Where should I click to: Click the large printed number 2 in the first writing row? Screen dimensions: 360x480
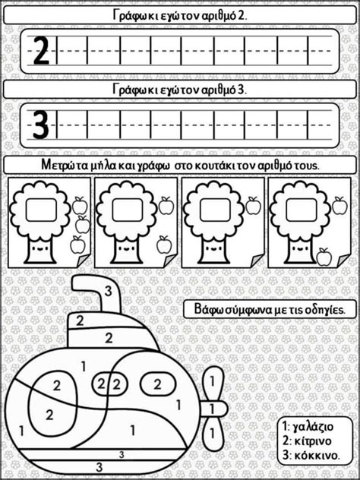click(x=41, y=51)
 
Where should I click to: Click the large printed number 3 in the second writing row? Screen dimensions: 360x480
click(x=41, y=125)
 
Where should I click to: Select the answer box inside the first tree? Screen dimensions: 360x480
click(x=41, y=210)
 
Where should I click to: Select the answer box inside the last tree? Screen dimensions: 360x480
click(x=302, y=210)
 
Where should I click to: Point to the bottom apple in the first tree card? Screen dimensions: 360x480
click(x=77, y=245)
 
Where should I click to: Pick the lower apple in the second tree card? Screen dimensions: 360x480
click(x=163, y=245)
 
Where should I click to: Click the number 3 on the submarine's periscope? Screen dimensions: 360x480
click(x=108, y=292)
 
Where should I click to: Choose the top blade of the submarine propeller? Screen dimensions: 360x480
click(x=212, y=382)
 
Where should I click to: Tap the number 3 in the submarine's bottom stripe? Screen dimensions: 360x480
click(x=99, y=467)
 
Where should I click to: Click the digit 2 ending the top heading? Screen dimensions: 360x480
click(x=242, y=16)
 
